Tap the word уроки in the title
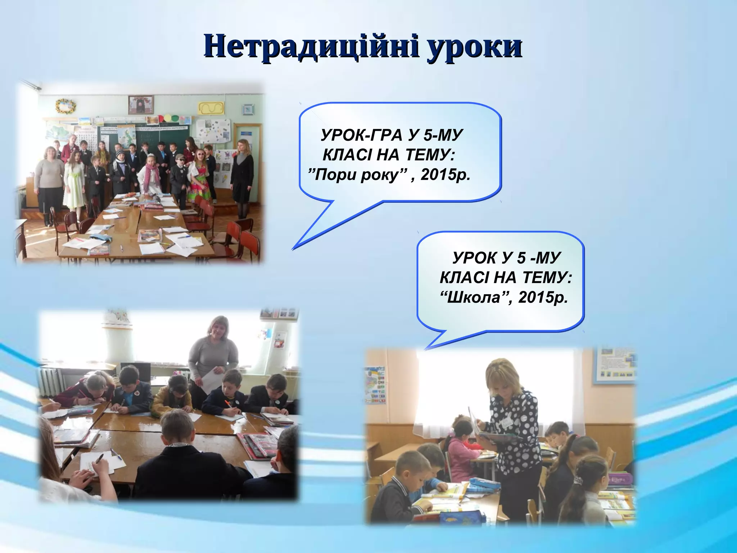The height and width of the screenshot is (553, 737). (475, 48)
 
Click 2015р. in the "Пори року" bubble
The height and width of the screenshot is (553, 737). (446, 175)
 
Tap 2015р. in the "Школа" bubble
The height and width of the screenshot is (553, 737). (543, 298)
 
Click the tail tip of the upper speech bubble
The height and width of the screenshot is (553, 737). (293, 249)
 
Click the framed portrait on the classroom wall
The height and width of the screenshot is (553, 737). (141, 105)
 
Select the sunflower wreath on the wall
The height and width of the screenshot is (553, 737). (65, 106)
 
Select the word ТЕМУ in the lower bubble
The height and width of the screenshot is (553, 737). (547, 278)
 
